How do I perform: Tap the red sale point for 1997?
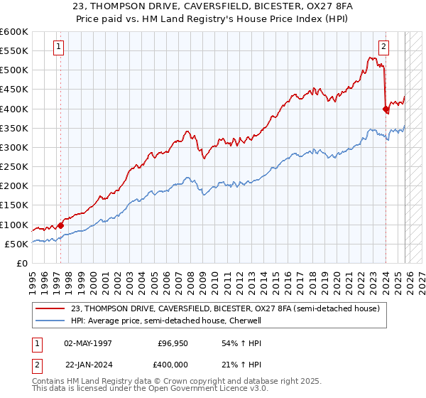tap(60, 226)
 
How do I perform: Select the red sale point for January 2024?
tap(386, 109)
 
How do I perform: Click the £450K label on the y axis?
tap(14, 90)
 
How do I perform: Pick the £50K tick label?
tap(16, 244)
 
